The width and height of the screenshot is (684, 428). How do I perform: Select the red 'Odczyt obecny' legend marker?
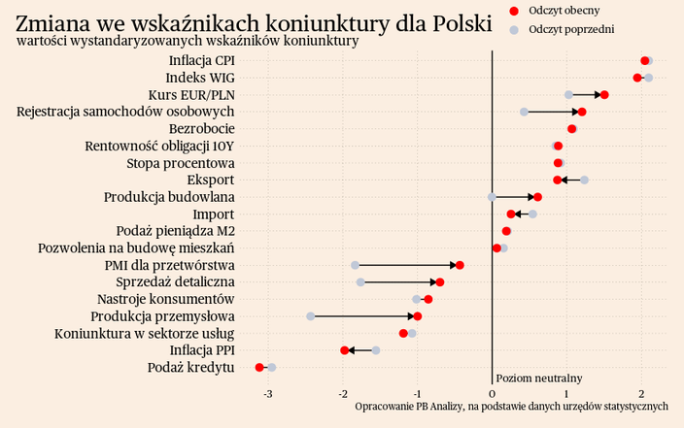[514, 10]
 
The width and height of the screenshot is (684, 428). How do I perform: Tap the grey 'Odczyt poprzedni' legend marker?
[514, 30]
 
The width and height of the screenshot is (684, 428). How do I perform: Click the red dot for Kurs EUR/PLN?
[604, 95]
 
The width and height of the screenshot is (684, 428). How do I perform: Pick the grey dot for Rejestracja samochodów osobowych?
[524, 112]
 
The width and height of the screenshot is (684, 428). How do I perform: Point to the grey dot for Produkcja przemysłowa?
[311, 316]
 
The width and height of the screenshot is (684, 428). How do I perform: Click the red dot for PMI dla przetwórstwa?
[460, 265]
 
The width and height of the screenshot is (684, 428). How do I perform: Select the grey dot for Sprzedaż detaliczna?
[360, 282]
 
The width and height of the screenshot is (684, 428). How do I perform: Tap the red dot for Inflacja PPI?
[345, 350]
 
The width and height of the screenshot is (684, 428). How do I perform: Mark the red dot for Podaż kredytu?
[259, 367]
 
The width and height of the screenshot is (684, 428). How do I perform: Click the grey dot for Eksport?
[584, 180]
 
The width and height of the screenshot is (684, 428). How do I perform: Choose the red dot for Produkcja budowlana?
[537, 197]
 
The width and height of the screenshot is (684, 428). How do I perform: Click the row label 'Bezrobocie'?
[201, 129]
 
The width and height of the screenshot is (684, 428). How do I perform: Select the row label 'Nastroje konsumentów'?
[166, 299]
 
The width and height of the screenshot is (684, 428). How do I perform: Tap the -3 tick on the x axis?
[268, 393]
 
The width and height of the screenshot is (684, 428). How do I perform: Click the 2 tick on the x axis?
[641, 393]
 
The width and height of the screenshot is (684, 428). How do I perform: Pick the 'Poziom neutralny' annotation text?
[539, 378]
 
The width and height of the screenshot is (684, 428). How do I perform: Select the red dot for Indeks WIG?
[637, 78]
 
